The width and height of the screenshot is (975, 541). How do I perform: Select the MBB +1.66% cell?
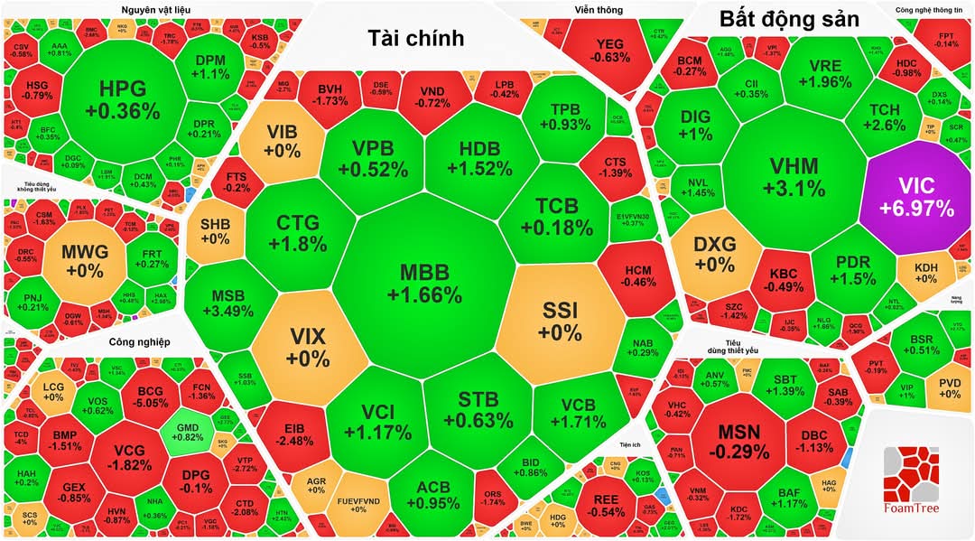pos(424,283)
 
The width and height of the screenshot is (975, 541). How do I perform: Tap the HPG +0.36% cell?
pos(122,100)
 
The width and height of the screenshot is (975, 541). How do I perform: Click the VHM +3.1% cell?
pos(794,177)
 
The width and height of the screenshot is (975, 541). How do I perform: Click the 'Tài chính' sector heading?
pos(415,38)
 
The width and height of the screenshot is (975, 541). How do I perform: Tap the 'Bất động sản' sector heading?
pos(789,19)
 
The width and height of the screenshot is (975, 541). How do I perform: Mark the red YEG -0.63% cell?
pos(610,50)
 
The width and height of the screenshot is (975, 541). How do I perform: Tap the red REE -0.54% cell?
pos(607,504)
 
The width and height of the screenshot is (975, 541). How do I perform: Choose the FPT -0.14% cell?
pos(946,39)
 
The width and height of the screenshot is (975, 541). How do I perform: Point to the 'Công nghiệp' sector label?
pos(139,341)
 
